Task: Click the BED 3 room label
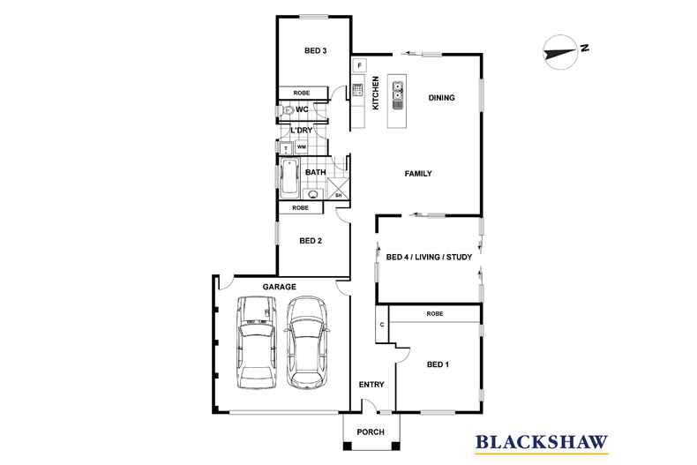click(316, 51)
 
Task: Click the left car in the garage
click(257, 343)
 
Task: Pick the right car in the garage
click(306, 343)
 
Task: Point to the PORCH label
click(370, 431)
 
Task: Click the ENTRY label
click(371, 385)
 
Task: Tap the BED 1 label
click(438, 364)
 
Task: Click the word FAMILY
click(417, 174)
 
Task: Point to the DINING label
click(441, 98)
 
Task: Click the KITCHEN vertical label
click(375, 93)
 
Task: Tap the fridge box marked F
click(360, 65)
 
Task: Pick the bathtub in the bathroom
click(289, 178)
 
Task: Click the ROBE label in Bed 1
click(434, 314)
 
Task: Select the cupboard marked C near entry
click(382, 324)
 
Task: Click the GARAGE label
click(279, 287)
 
